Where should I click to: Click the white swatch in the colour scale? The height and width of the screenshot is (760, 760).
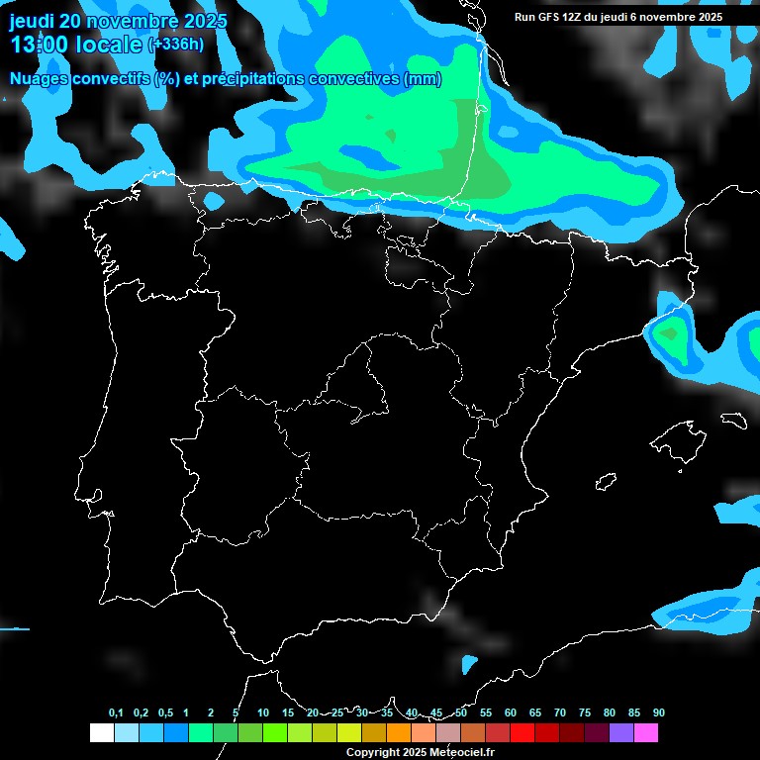101,733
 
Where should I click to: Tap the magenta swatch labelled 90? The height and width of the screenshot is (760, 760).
646,733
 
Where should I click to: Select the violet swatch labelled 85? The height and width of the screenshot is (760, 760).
621,733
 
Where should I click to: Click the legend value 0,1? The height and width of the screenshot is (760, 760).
116,713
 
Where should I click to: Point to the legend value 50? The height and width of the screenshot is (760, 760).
461,713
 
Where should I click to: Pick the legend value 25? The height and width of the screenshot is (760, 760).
337,713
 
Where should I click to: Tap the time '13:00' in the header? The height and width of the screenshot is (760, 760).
41,45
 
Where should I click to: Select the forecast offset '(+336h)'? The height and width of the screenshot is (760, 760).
176,45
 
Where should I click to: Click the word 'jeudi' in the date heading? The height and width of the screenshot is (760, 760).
32,21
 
